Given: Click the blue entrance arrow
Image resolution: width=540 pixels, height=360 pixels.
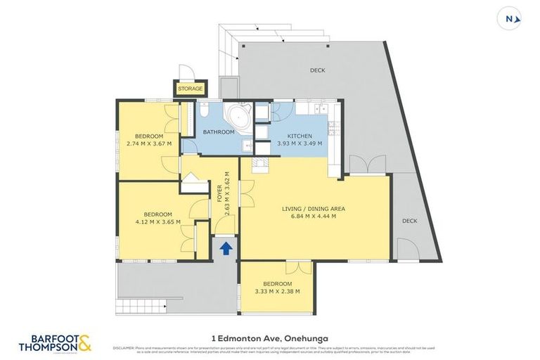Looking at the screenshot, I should pos(226,247).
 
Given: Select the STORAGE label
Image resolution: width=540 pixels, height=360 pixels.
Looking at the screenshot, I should pos(190,89).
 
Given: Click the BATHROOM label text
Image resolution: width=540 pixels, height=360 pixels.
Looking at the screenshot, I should pos(219,132).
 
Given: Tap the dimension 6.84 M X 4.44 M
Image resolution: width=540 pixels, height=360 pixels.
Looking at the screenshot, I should pos(314,217).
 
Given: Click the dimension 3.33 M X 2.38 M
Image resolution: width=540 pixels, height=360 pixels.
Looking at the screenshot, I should pos(277,291).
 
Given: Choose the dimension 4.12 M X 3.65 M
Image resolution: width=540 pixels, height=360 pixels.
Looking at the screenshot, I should pos(158,221).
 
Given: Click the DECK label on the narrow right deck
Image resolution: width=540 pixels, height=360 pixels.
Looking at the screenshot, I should pos(409,221).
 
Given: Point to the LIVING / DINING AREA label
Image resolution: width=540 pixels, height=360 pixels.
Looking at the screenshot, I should pos(314,209).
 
